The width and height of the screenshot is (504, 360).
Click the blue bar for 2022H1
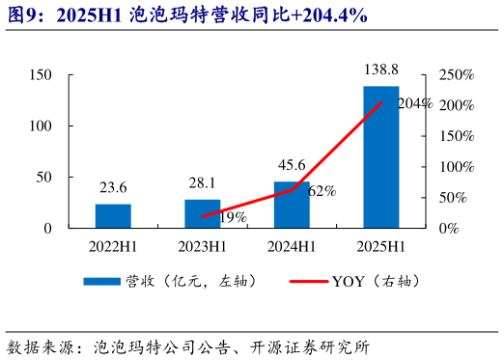[113, 216]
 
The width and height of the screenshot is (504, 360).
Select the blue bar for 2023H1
[203, 213]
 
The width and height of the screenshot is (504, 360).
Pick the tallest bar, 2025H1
[380, 157]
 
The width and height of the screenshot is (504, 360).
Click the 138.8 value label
[380, 71]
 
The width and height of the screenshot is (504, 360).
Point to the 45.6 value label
[291, 165]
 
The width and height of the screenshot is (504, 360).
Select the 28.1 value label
[203, 183]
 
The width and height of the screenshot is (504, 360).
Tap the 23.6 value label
[113, 187]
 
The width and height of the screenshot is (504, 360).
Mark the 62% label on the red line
[322, 191]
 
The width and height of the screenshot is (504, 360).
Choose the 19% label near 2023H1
[233, 217]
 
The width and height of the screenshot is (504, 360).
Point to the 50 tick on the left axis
[44, 178]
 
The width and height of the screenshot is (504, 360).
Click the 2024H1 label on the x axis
[292, 246]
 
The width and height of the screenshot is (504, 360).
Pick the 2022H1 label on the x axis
[113, 246]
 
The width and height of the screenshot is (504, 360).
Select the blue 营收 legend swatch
[100, 282]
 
